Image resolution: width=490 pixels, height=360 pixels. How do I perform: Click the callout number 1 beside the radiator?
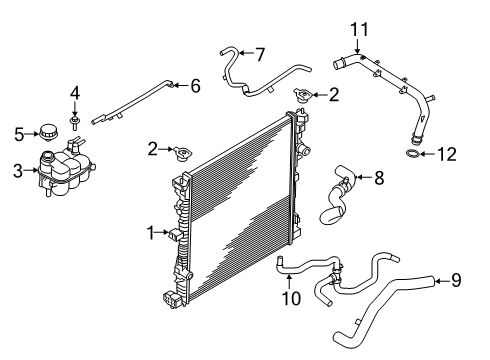point(150,232)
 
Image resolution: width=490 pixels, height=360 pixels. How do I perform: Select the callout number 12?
point(448,153)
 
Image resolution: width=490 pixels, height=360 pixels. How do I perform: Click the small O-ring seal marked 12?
point(412,154)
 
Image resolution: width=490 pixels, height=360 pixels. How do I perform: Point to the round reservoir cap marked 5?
point(46,132)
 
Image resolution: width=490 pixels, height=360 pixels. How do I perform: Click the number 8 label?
point(379,179)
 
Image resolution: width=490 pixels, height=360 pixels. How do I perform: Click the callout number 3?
point(17,170)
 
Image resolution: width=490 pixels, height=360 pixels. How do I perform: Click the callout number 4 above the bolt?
point(75,94)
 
